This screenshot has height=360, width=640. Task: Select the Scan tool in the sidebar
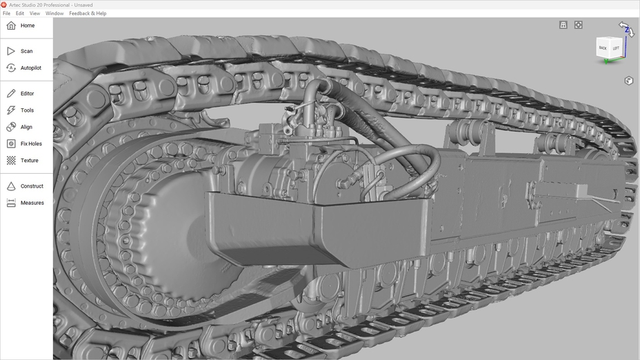click(26, 51)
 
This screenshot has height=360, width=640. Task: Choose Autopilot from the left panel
click(30, 68)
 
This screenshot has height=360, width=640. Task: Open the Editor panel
click(27, 93)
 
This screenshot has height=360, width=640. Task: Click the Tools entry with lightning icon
click(27, 110)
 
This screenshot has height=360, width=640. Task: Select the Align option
click(26, 127)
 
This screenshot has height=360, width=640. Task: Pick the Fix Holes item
click(30, 143)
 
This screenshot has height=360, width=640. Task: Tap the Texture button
click(29, 161)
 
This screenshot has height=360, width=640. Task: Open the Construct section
click(32, 186)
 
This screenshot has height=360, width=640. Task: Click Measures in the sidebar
click(32, 203)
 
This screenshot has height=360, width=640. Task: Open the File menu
click(6, 13)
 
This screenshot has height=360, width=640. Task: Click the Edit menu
click(20, 13)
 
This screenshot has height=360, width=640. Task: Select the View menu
click(34, 13)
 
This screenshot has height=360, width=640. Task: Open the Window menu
click(54, 13)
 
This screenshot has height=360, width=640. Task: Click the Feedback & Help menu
click(88, 13)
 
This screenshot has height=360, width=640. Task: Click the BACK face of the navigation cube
click(603, 48)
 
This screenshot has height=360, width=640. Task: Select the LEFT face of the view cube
click(616, 48)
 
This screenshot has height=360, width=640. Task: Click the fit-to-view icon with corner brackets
click(579, 25)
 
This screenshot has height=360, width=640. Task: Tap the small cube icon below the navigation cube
click(628, 81)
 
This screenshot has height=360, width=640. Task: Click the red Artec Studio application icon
click(4, 4)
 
